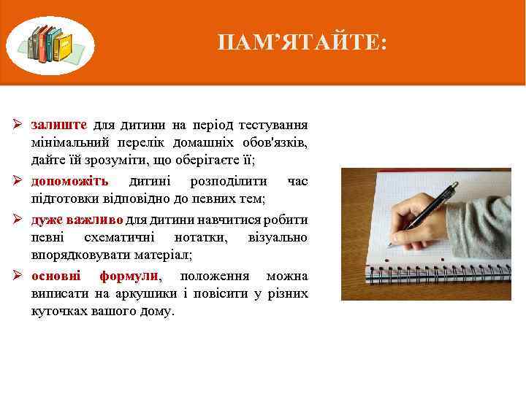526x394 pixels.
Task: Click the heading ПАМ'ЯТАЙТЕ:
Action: pyautogui.click(x=302, y=44)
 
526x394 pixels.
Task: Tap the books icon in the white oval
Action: pyautogui.click(x=50, y=45)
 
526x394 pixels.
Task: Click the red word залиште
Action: pyautogui.click(x=59, y=124)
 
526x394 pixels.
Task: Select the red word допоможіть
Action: pyautogui.click(x=69, y=181)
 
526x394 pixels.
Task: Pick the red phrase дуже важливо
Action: pyautogui.click(x=77, y=220)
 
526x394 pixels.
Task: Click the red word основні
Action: pyautogui.click(x=56, y=277)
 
